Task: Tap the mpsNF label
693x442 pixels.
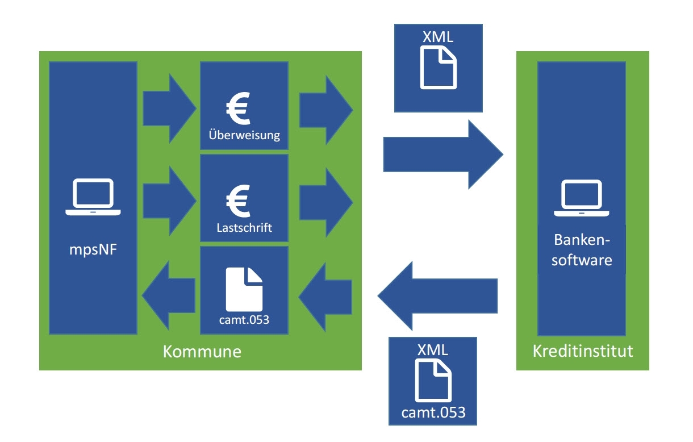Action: (x=93, y=249)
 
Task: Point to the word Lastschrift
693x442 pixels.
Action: (x=244, y=228)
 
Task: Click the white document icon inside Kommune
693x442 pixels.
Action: (x=244, y=290)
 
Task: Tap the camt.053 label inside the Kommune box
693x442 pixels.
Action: (x=244, y=319)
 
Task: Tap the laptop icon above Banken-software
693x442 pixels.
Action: (x=582, y=197)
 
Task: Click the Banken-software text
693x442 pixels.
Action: (x=582, y=251)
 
